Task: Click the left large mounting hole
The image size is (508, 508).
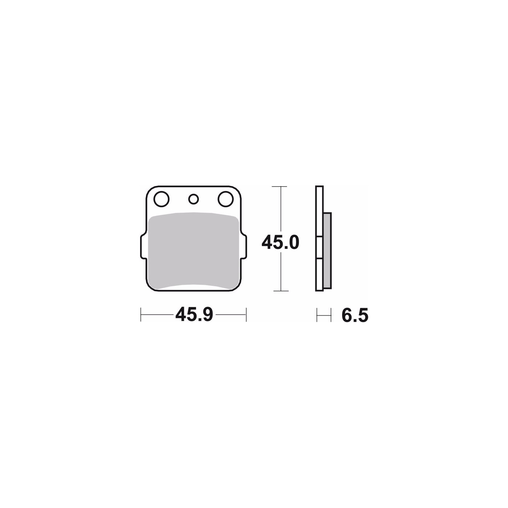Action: point(161,199)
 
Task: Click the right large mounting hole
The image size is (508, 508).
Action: point(226,199)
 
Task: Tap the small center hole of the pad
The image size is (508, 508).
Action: point(193,199)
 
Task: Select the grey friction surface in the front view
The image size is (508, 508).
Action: point(194,250)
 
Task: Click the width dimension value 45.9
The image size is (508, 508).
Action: point(194,315)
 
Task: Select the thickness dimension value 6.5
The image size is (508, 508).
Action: point(355,315)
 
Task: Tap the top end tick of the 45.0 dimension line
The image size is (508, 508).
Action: point(279,187)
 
